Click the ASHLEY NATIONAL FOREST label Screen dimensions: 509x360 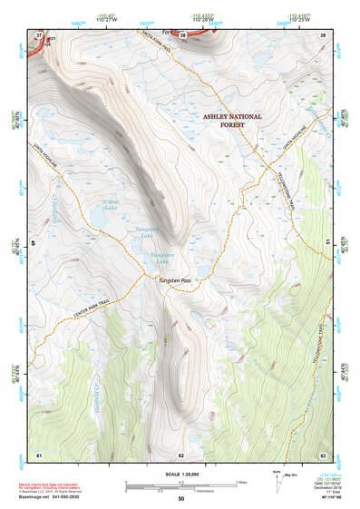[x=232, y=121]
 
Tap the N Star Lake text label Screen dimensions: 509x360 [x=110, y=205]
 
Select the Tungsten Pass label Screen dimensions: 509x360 [x=178, y=282]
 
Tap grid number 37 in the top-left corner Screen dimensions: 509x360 [x=39, y=35]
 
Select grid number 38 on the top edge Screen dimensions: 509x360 [x=183, y=35]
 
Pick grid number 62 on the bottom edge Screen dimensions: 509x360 [x=181, y=454]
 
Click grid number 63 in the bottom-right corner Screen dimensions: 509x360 [x=322, y=454]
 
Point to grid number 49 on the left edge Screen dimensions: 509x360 [x=34, y=243]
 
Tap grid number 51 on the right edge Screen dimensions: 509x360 [x=326, y=241]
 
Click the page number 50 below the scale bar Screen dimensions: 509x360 [x=181, y=498]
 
